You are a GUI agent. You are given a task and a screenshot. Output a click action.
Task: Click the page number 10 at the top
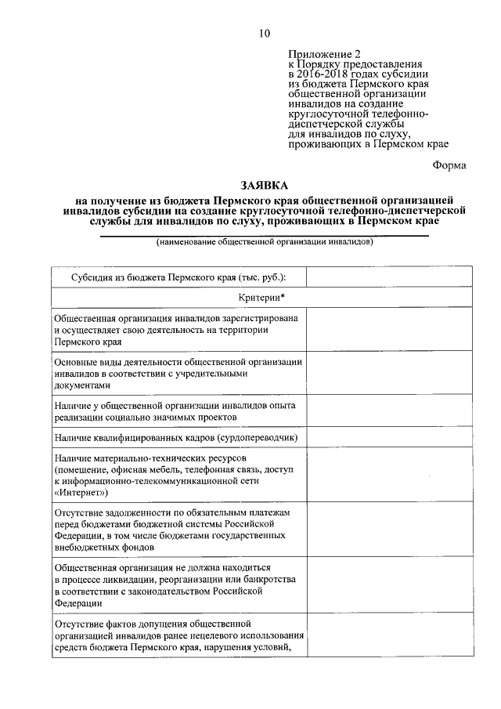(265, 32)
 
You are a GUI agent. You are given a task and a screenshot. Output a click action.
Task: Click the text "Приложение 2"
(322, 54)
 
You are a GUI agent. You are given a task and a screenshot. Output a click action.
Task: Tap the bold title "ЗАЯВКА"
(265, 186)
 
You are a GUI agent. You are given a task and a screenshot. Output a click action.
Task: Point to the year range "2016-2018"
(323, 74)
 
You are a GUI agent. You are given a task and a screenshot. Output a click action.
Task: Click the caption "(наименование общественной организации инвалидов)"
(265, 241)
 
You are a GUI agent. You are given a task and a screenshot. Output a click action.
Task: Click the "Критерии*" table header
(261, 298)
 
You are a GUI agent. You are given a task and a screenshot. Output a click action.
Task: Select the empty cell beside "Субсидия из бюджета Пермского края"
(388, 277)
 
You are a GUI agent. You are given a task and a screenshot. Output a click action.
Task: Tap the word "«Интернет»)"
(82, 494)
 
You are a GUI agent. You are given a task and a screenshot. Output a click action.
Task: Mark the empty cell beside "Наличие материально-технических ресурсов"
(388, 475)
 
